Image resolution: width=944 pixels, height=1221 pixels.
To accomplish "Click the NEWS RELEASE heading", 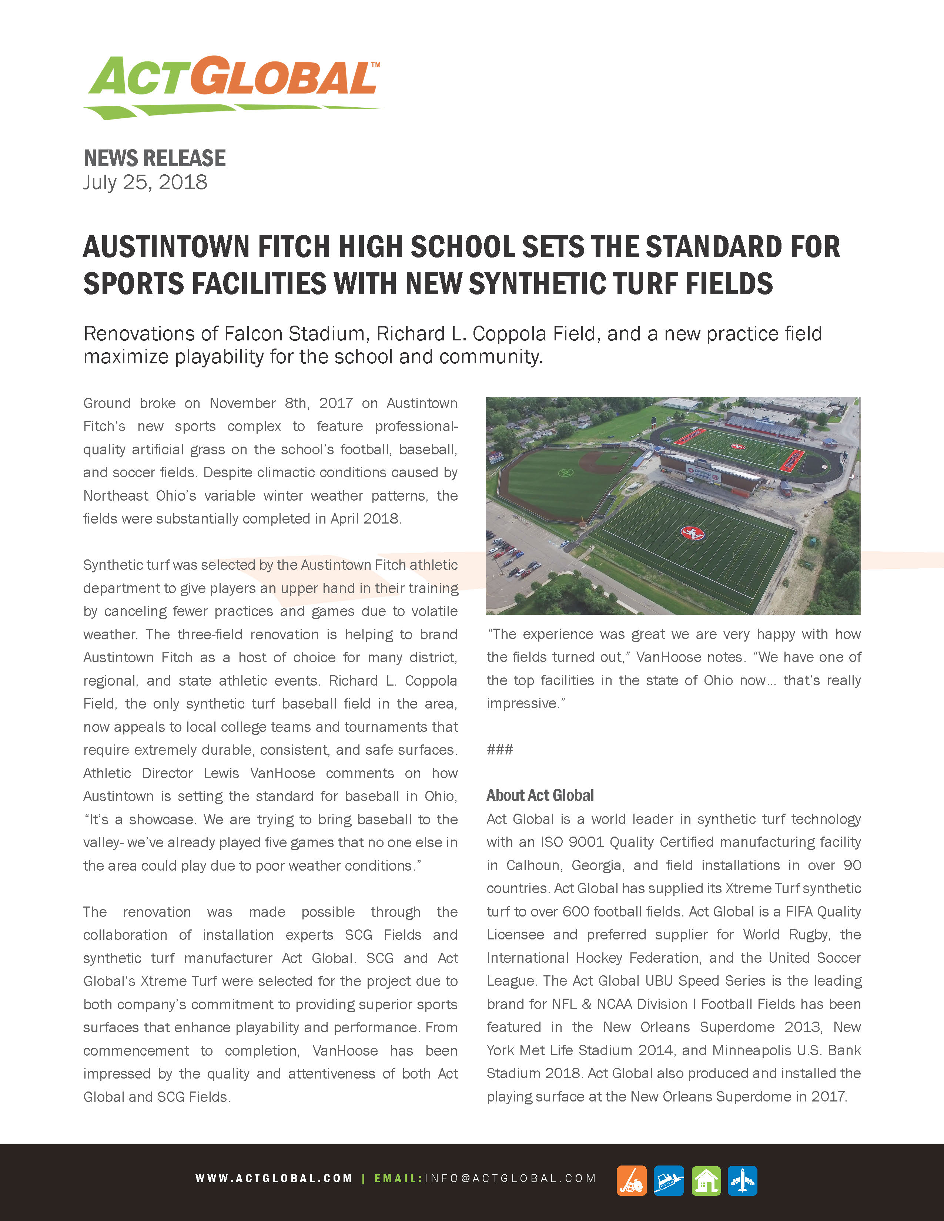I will [154, 158].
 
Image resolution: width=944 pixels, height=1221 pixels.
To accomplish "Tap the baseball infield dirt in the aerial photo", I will [601, 461].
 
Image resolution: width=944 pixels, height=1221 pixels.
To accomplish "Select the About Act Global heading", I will [540, 795].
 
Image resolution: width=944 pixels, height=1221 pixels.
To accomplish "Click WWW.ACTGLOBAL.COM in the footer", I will [274, 1178].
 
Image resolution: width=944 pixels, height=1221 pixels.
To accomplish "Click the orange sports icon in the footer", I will [632, 1180].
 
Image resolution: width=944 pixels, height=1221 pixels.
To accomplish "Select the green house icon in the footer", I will [706, 1180].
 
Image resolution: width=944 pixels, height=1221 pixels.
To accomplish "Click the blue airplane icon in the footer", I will [742, 1180].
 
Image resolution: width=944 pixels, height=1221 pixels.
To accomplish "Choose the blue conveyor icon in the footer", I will [668, 1180].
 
